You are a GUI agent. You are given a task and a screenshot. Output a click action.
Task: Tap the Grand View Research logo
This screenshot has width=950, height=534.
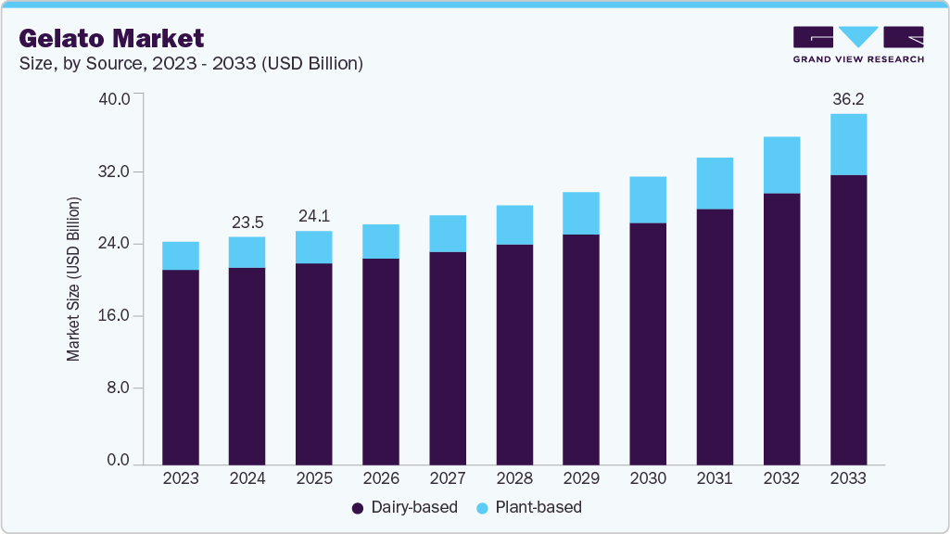coord(858,44)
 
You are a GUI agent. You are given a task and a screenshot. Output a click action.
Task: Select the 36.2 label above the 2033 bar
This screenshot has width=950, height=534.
coord(848,98)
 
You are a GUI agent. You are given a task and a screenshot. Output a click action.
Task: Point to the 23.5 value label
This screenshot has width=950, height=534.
coord(247,222)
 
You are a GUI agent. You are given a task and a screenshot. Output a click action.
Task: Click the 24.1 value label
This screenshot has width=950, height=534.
coord(314,216)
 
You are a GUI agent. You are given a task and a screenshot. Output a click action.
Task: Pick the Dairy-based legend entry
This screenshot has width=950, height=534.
coord(404,507)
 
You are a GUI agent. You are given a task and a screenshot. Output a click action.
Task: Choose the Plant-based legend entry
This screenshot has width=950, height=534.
coord(528,507)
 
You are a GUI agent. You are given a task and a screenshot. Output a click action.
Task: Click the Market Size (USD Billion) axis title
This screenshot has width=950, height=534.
coord(73,279)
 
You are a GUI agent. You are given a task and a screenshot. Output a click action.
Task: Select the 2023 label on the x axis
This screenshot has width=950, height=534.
coord(181,478)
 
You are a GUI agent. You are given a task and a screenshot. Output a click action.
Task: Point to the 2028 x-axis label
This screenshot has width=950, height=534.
coord(514,478)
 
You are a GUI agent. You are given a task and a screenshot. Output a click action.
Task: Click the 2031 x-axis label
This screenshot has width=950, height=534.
coord(715,478)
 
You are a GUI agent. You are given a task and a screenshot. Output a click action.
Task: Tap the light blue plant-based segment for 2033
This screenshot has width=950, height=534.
coord(848,145)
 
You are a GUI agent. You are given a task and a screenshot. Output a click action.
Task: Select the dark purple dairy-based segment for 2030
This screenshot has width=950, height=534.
coord(648,343)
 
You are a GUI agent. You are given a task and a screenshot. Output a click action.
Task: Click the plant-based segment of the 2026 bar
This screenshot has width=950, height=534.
coord(381,241)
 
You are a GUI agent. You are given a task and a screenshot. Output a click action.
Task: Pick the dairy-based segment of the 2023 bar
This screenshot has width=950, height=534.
coord(181,366)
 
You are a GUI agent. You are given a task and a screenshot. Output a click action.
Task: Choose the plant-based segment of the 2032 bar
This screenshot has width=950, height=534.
coord(781,165)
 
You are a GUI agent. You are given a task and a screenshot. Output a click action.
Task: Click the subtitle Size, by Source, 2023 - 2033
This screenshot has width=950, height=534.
coord(191,64)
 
